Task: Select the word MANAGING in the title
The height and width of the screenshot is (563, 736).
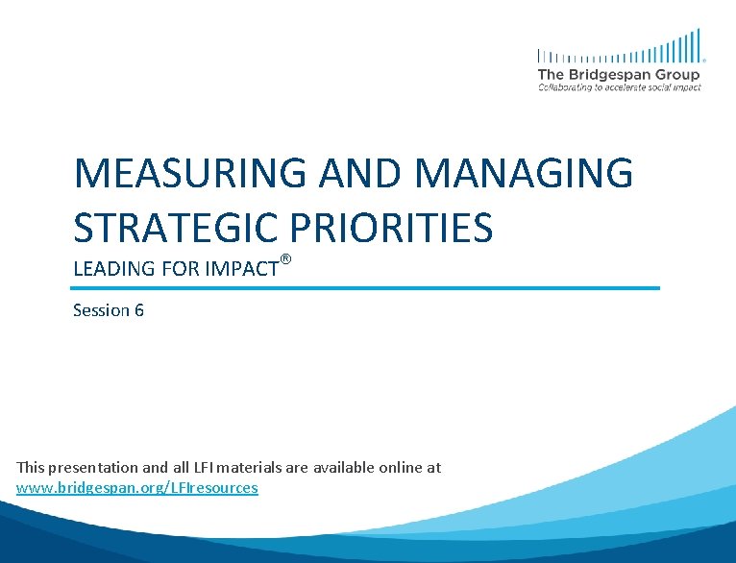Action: (x=527, y=174)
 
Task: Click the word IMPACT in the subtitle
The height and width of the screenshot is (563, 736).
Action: (x=239, y=269)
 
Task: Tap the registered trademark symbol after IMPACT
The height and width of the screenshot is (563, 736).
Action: (x=284, y=259)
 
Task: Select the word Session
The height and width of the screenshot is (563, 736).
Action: (x=101, y=310)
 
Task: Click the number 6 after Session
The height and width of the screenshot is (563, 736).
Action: (x=139, y=310)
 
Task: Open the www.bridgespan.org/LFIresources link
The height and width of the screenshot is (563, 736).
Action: (x=137, y=488)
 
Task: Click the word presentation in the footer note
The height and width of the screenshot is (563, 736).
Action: (x=93, y=468)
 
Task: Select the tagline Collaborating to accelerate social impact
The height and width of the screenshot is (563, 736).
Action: (x=620, y=87)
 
